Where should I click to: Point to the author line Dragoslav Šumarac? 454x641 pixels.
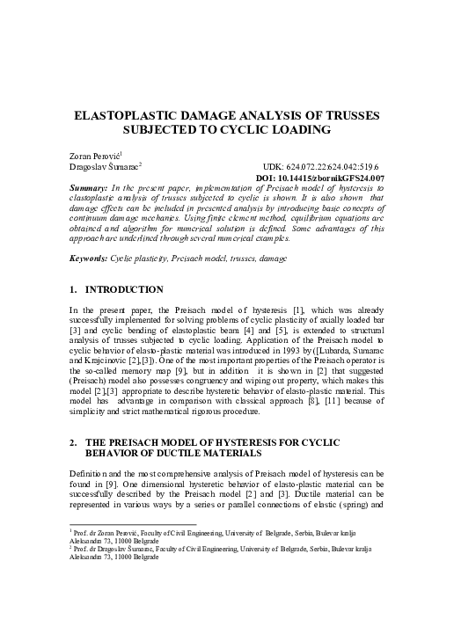[x=99, y=165]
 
